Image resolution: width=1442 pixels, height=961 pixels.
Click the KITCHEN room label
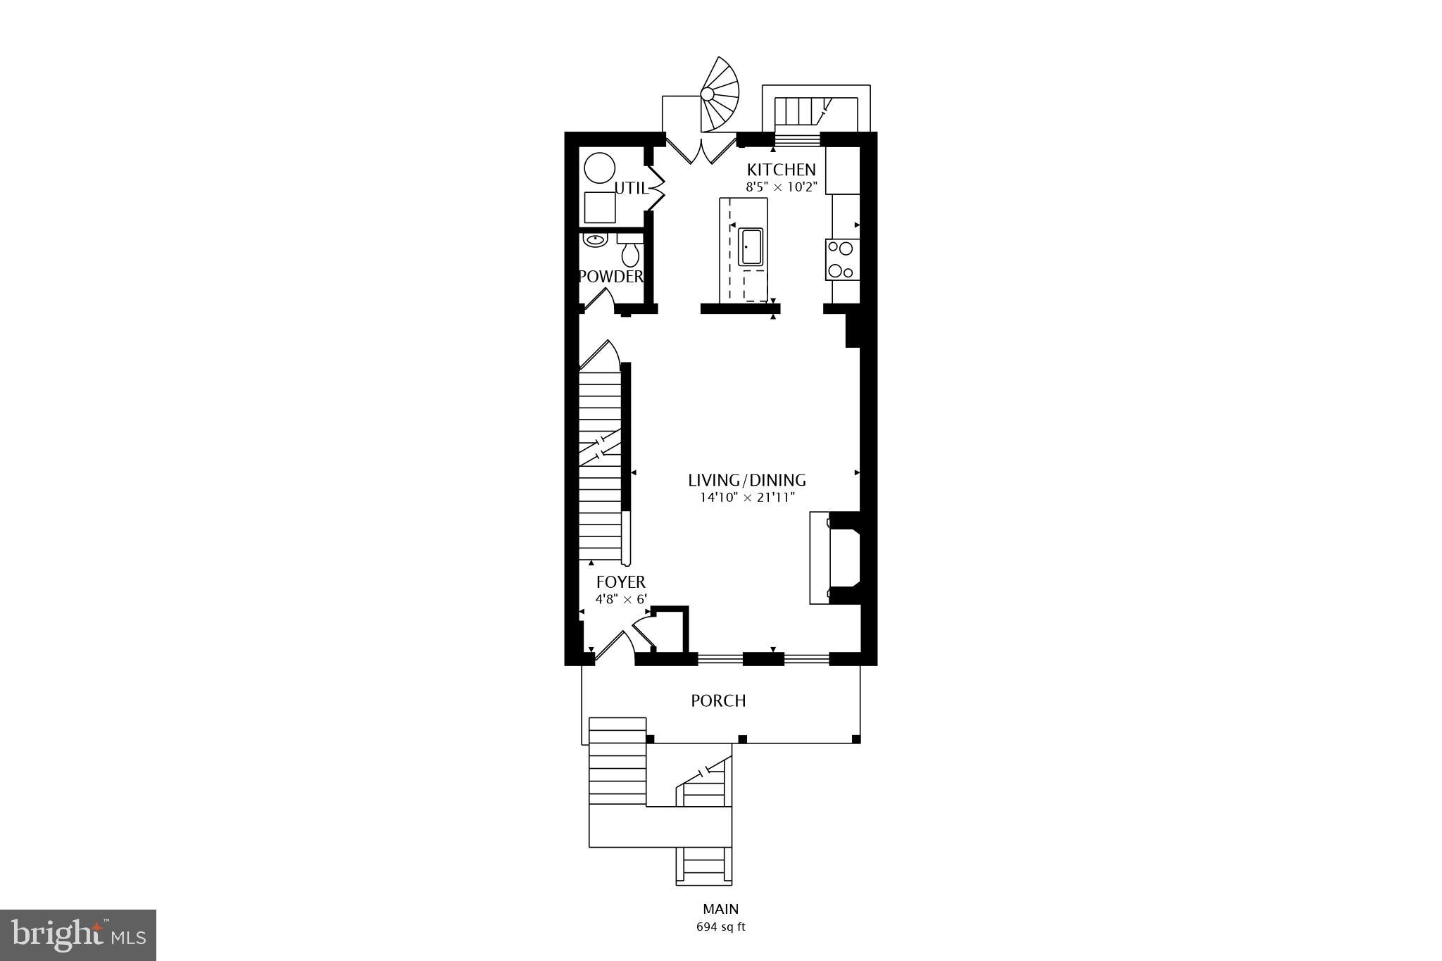coord(781,170)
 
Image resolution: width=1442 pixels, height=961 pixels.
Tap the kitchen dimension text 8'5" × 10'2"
coord(781,187)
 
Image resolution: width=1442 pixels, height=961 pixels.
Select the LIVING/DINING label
coord(746,480)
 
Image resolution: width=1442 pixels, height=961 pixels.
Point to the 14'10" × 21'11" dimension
coord(746,498)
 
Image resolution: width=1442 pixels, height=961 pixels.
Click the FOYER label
coord(620,582)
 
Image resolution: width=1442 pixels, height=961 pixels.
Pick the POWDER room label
coord(610,277)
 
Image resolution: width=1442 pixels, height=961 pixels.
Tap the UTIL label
coord(631,188)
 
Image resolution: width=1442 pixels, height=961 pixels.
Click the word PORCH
coord(718,701)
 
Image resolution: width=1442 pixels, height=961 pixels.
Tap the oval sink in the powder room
coord(596,239)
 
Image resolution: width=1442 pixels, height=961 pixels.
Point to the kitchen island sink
coord(751,247)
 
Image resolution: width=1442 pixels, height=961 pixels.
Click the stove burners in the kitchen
coord(841,259)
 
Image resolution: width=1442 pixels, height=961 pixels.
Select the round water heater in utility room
coord(600,169)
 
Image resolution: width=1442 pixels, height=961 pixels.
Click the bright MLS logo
coord(78,934)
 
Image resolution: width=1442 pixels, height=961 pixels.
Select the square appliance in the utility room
coord(600,207)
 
